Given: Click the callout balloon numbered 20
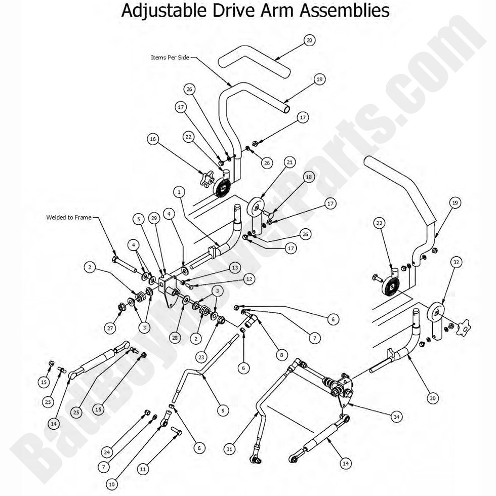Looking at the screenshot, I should point(310,40).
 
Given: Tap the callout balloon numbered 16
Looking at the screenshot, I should point(153,138).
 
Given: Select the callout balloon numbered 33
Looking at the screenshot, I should point(379,222).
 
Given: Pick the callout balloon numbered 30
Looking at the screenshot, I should point(432,398).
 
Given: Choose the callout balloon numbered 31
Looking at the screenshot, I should point(230,448).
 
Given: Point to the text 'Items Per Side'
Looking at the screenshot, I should point(170,57).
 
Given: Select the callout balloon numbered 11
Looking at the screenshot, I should point(143,469).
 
